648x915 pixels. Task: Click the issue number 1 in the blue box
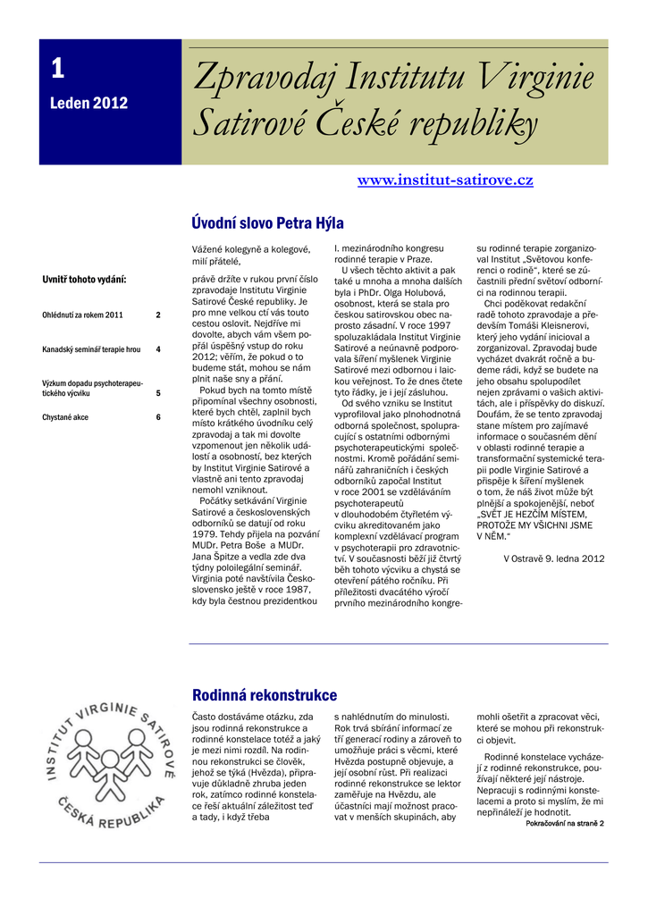point(57,68)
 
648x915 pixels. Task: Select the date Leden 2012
point(88,103)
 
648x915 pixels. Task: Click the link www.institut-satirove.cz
point(445,180)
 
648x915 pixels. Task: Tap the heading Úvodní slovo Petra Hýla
point(267,223)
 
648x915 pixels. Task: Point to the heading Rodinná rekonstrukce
point(265,695)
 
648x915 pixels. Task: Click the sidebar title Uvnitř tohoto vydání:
point(84,280)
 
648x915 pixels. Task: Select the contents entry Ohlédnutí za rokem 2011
point(82,315)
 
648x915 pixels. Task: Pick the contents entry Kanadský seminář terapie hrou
point(91,349)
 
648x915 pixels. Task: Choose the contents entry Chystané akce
point(65,417)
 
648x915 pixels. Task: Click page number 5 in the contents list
point(158,392)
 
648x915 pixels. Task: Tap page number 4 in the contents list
point(158,349)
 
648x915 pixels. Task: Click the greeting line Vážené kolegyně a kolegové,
point(250,249)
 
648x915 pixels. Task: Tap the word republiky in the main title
point(476,126)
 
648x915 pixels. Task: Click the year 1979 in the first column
point(206,524)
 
